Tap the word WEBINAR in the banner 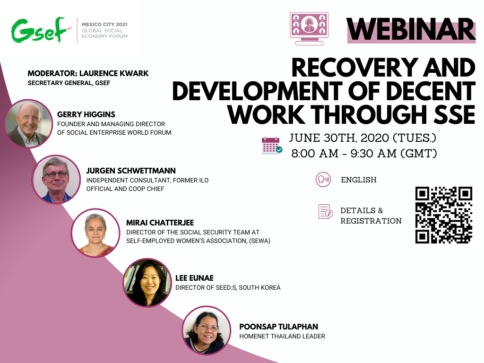[x=411, y=29]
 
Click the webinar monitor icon [x=309, y=29]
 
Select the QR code [x=443, y=215]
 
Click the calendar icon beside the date [x=272, y=146]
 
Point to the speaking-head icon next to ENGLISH [x=323, y=179]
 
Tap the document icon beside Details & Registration [x=325, y=211]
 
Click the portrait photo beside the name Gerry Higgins [x=29, y=123]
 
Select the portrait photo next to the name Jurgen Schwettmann [x=56, y=179]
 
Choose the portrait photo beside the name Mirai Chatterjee [x=95, y=233]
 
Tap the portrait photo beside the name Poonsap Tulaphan [x=206, y=330]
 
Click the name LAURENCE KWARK [x=114, y=73]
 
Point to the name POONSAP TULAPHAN [x=278, y=327]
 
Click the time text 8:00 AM [x=315, y=154]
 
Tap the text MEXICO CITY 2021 [x=104, y=25]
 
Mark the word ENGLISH [x=359, y=180]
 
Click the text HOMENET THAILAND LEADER [x=282, y=336]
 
